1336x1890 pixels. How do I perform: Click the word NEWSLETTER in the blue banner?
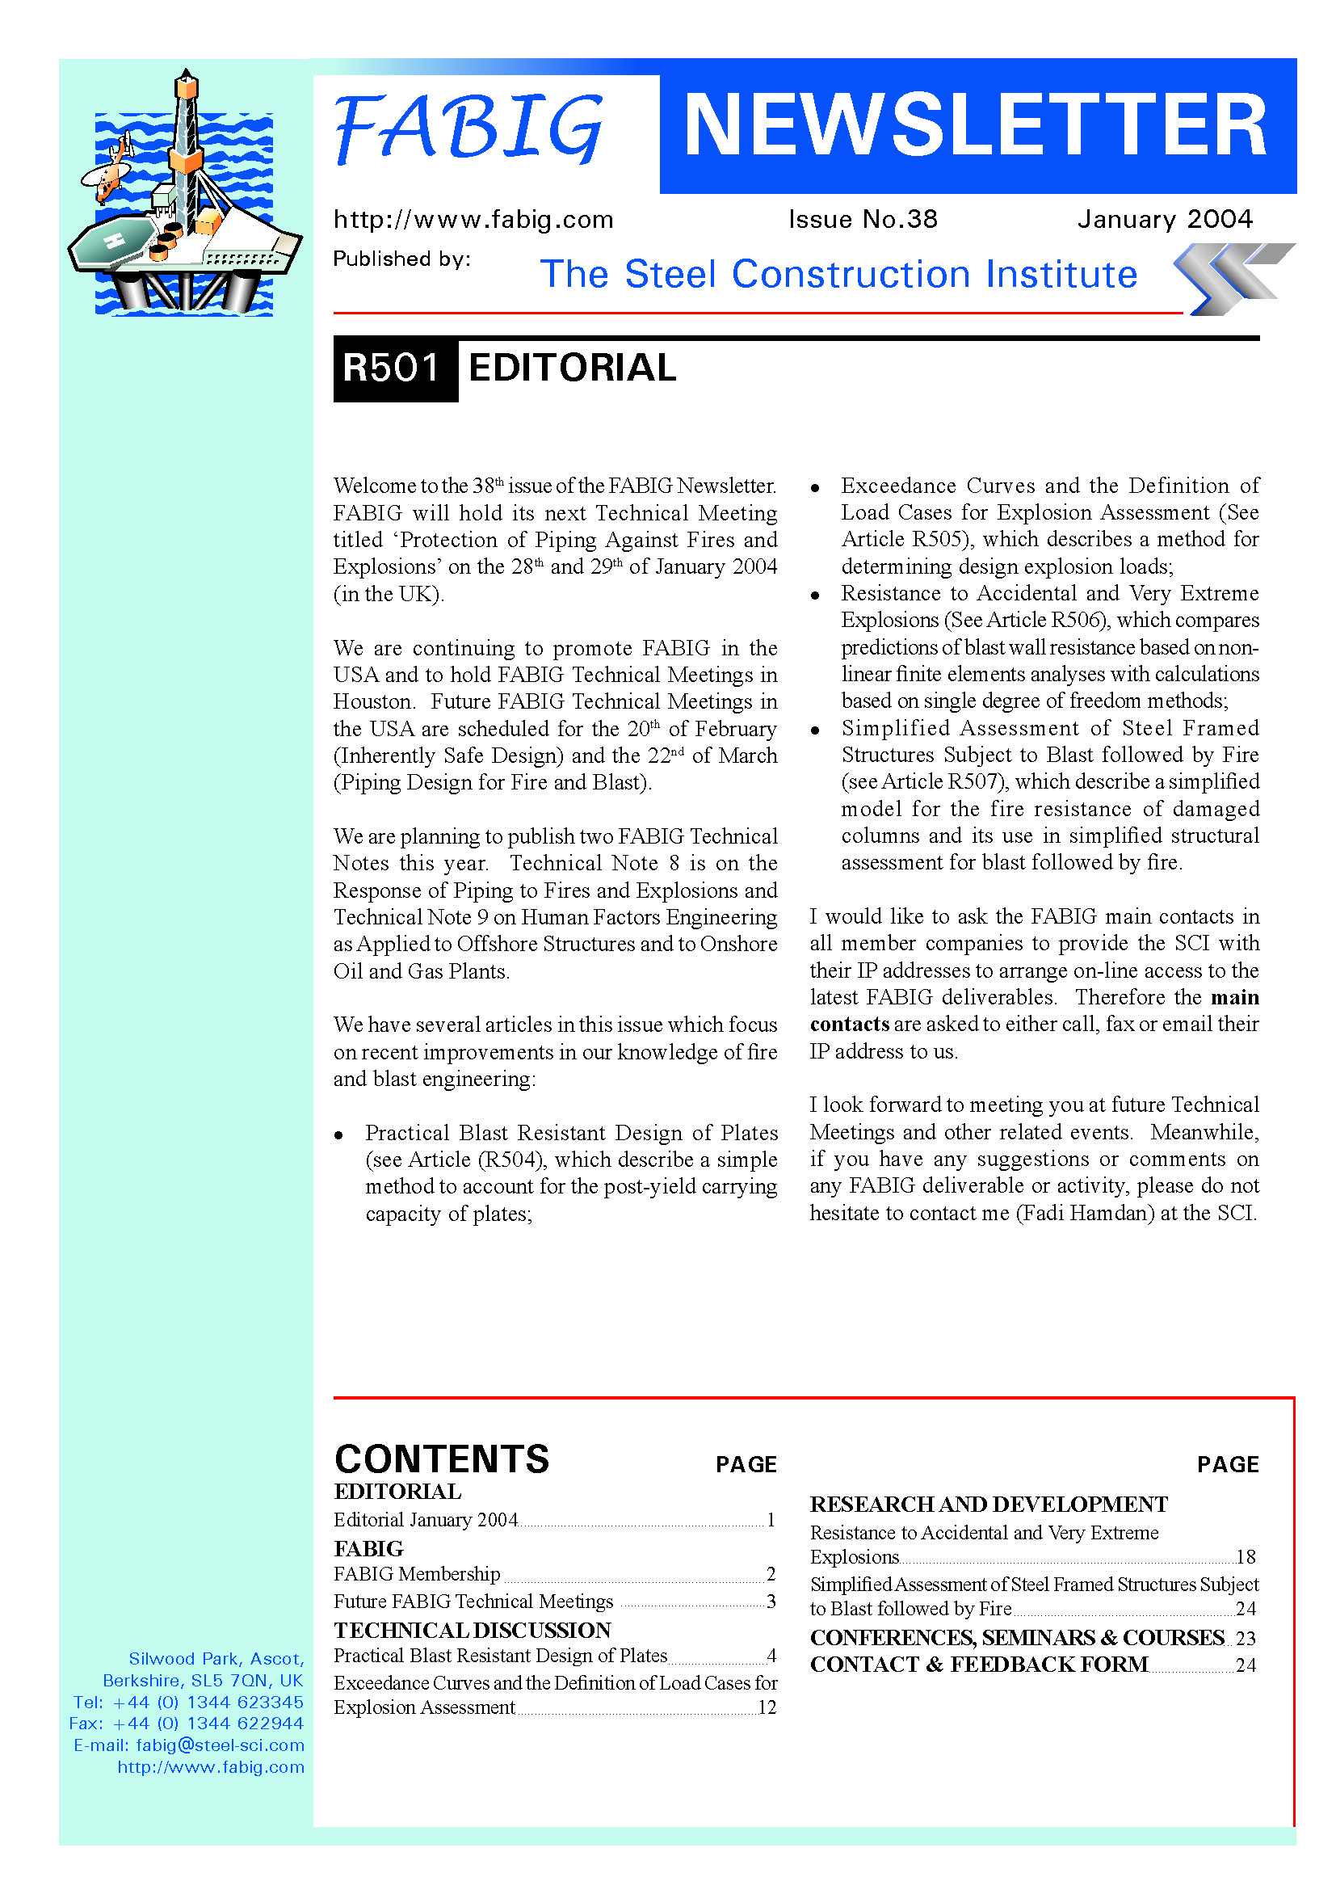click(976, 125)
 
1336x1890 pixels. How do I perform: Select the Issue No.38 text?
click(862, 219)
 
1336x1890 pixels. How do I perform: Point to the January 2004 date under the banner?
click(1164, 219)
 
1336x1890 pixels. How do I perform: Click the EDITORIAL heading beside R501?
click(572, 368)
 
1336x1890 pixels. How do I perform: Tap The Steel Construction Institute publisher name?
click(838, 274)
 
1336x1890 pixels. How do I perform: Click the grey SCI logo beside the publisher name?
click(1233, 278)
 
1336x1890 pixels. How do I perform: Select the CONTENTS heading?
click(442, 1459)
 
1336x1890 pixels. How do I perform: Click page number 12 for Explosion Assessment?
click(767, 1707)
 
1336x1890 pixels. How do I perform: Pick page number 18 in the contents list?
click(1246, 1556)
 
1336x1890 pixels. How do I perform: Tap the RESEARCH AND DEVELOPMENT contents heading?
click(988, 1504)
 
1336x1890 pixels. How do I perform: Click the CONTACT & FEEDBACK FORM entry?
click(978, 1664)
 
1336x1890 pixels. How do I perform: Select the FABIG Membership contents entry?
click(417, 1574)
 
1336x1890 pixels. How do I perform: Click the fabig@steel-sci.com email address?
click(220, 1745)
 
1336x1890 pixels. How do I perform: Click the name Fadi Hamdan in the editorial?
click(1086, 1213)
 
